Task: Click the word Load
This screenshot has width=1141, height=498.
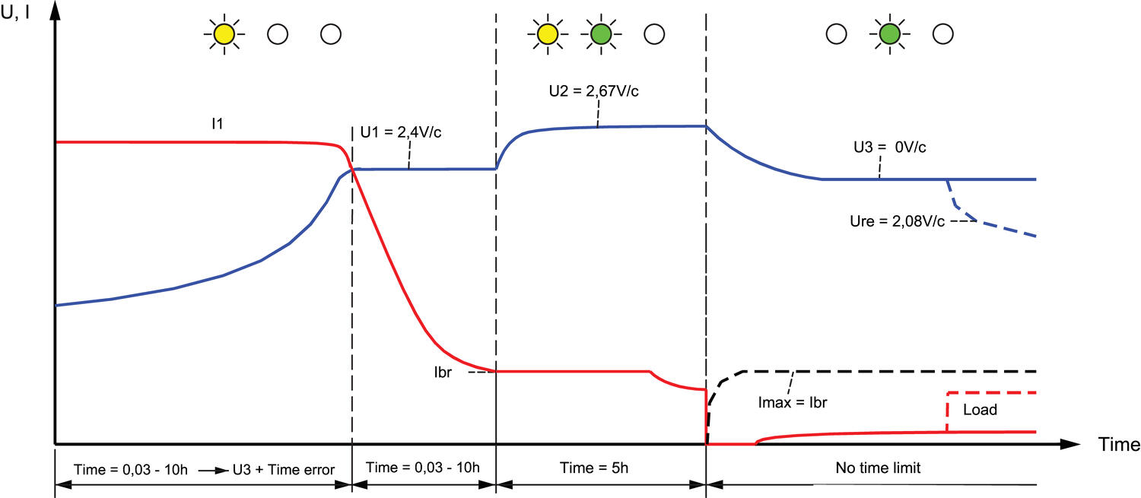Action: point(980,410)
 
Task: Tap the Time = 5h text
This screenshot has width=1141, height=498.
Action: point(601,468)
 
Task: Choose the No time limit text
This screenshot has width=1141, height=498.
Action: point(877,468)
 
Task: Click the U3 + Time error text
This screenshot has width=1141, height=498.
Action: point(283,468)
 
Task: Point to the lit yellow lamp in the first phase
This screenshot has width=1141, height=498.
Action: point(224,34)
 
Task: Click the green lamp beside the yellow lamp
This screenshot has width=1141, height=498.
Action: point(600,34)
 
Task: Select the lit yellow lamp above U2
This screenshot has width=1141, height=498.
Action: point(546,34)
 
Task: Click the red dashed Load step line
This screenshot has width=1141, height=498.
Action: point(948,411)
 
